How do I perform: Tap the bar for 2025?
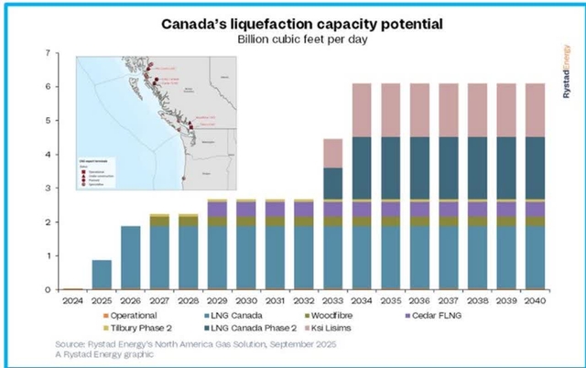103,275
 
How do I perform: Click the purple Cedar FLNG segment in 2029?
218,210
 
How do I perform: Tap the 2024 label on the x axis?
73,298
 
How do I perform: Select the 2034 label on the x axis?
361,298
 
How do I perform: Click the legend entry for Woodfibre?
345,315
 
